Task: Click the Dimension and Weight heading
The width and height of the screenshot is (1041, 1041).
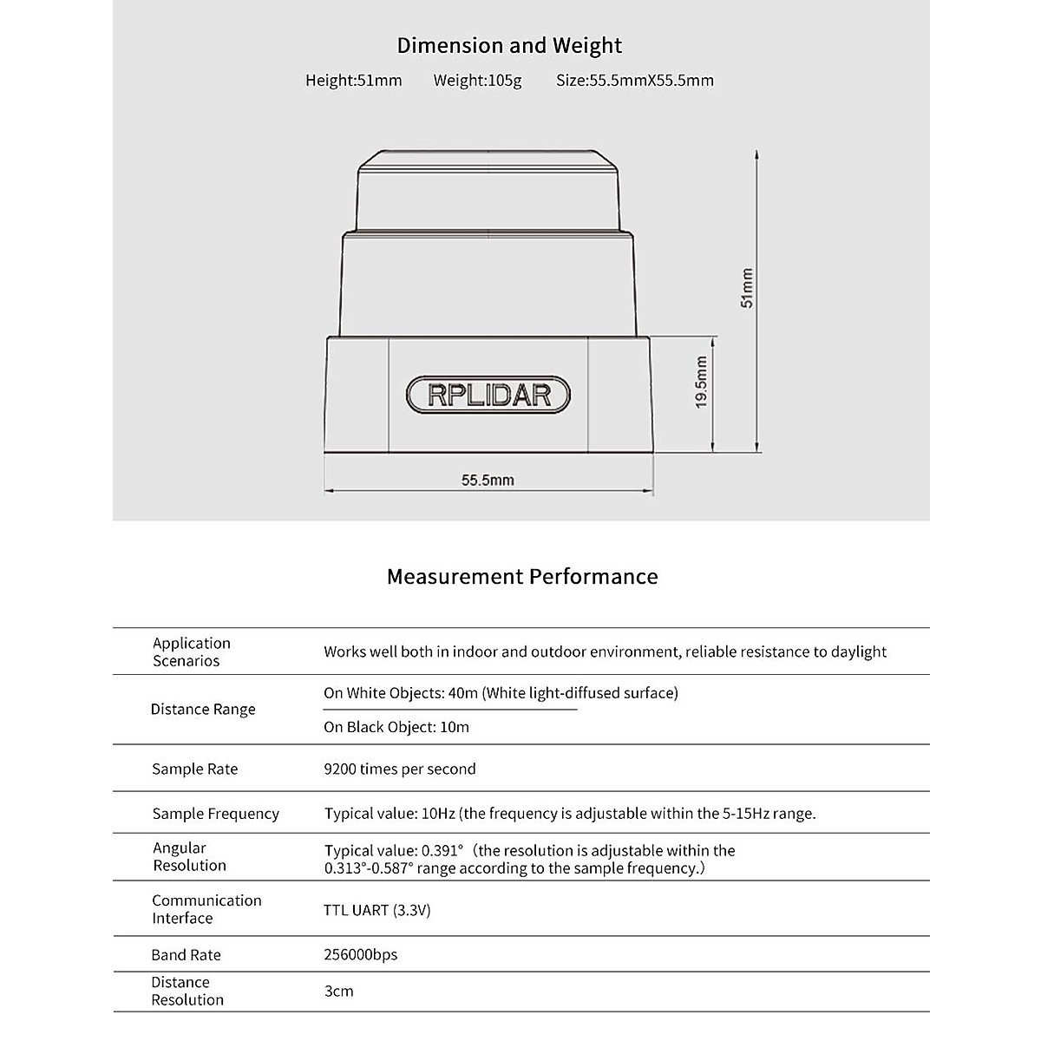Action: pos(509,45)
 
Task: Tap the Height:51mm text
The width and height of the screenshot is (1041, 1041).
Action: pos(353,81)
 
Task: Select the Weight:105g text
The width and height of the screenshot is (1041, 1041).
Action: pos(477,81)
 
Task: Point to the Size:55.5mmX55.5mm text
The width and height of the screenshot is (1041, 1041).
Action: pos(634,81)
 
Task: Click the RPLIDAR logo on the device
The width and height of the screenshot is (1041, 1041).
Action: pos(489,395)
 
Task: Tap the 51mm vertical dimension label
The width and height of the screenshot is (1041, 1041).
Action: pos(747,288)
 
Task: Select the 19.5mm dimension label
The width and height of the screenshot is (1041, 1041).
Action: pos(702,382)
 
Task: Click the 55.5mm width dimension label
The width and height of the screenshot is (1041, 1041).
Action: pos(488,480)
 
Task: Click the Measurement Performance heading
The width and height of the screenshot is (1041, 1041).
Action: pos(521,577)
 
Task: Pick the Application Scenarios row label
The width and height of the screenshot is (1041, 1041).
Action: pos(192,651)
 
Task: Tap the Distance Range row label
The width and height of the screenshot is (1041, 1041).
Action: pos(203,710)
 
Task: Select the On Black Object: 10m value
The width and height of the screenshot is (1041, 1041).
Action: pos(396,727)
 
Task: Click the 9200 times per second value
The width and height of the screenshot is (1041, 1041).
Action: pos(400,769)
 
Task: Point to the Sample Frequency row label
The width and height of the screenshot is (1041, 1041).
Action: pos(215,814)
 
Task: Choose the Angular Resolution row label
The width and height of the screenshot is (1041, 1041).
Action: pos(189,857)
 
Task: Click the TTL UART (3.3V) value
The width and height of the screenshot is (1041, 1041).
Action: pos(377,910)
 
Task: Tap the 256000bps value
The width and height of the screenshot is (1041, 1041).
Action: pos(361,954)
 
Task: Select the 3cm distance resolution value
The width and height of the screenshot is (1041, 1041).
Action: pos(338,991)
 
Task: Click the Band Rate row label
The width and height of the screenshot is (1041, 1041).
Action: pos(186,955)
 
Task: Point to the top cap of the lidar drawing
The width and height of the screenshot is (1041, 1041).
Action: pos(488,191)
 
